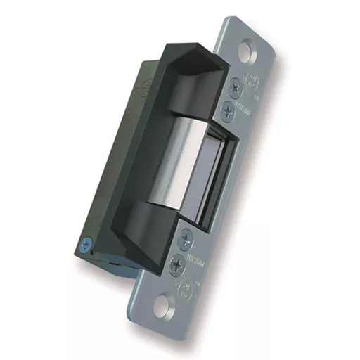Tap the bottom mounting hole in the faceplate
coord(161,304)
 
